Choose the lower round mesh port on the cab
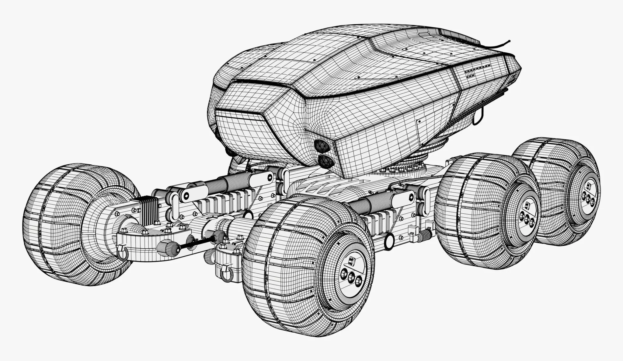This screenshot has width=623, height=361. click(325, 160)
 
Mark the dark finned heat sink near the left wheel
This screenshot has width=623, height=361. click(149, 208)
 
